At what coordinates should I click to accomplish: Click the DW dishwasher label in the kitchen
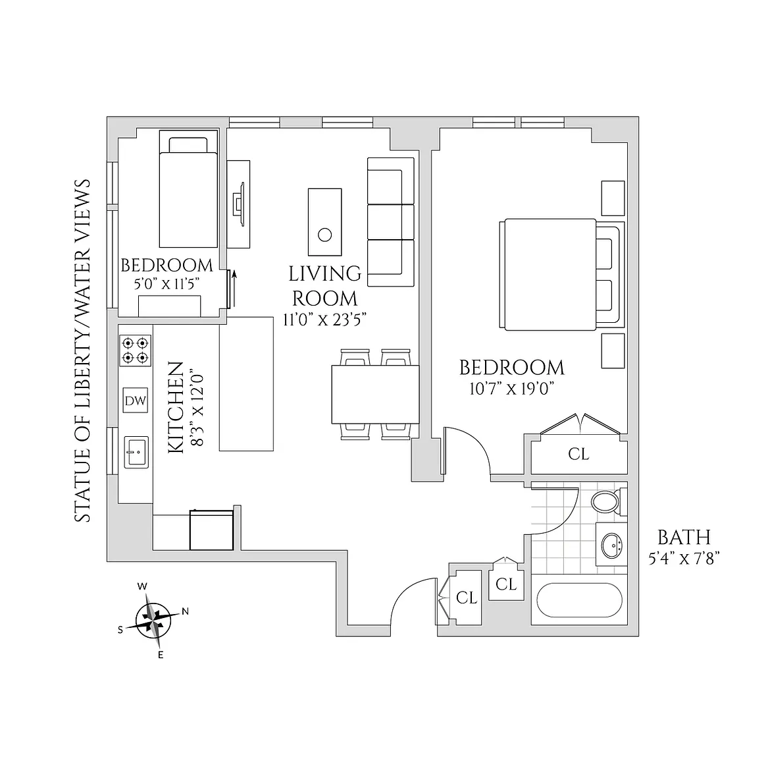(x=136, y=400)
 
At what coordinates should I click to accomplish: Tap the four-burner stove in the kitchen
(x=135, y=351)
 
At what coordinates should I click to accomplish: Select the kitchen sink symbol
(x=136, y=452)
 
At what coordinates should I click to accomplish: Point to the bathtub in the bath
(x=579, y=600)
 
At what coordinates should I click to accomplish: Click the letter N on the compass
(x=185, y=611)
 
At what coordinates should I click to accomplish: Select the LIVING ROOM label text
(x=325, y=285)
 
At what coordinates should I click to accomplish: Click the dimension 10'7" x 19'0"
(x=511, y=389)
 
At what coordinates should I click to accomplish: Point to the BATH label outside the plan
(x=684, y=537)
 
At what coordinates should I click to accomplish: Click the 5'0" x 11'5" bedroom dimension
(x=166, y=283)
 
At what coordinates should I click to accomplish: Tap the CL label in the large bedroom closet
(x=578, y=454)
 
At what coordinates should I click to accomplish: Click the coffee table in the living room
(x=325, y=222)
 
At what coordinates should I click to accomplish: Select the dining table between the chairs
(x=375, y=394)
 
